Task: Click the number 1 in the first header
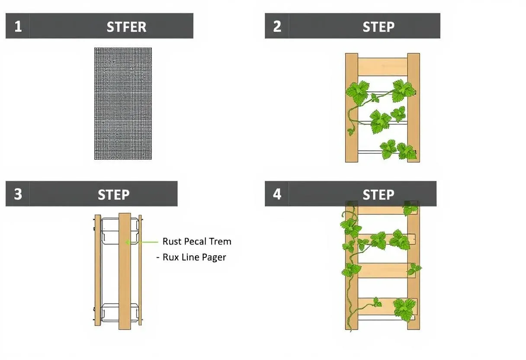(x=18, y=26)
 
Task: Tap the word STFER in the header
(x=127, y=27)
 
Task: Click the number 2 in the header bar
(x=277, y=26)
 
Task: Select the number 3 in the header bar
(x=18, y=194)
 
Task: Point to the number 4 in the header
(x=277, y=194)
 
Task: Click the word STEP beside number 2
(x=378, y=27)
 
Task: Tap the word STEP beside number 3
(x=114, y=195)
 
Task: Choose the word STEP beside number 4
(x=378, y=195)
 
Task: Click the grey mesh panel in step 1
(x=123, y=103)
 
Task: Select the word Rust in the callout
(x=172, y=241)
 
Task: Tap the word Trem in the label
(x=220, y=241)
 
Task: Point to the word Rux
(x=171, y=257)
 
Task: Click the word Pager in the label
(x=214, y=257)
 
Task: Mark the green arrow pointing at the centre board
(x=142, y=242)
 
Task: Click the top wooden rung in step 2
(x=382, y=67)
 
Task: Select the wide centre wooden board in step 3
(x=125, y=271)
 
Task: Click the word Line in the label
(x=190, y=257)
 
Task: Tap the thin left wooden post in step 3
(x=98, y=270)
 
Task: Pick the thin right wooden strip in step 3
(x=140, y=270)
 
